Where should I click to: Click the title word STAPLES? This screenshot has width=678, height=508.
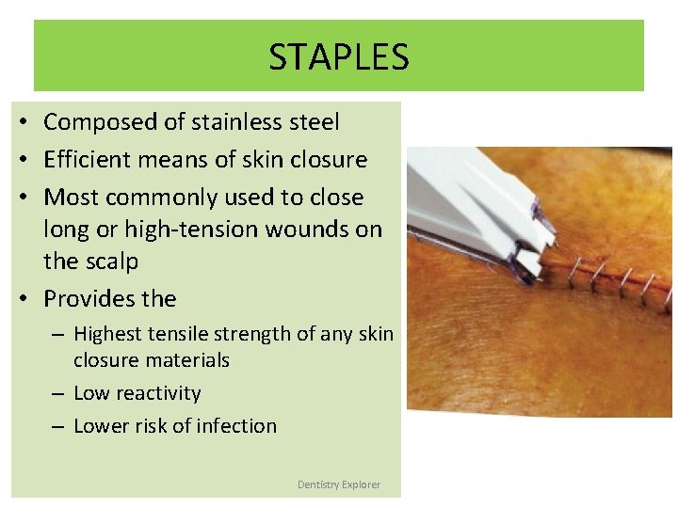[x=339, y=57]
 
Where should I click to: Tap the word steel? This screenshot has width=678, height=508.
[x=312, y=122]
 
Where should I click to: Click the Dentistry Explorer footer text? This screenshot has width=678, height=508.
[x=339, y=484]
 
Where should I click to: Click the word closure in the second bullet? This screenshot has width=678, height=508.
[x=329, y=160]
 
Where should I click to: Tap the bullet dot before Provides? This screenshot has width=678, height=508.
[x=21, y=300]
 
